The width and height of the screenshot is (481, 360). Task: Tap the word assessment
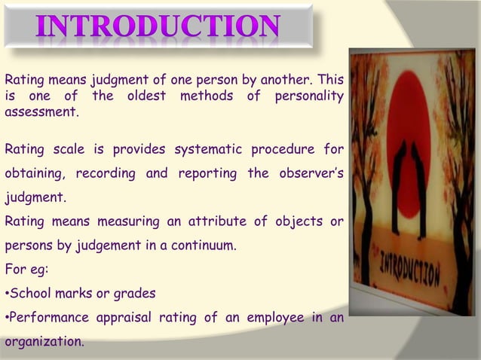tap(40, 111)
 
